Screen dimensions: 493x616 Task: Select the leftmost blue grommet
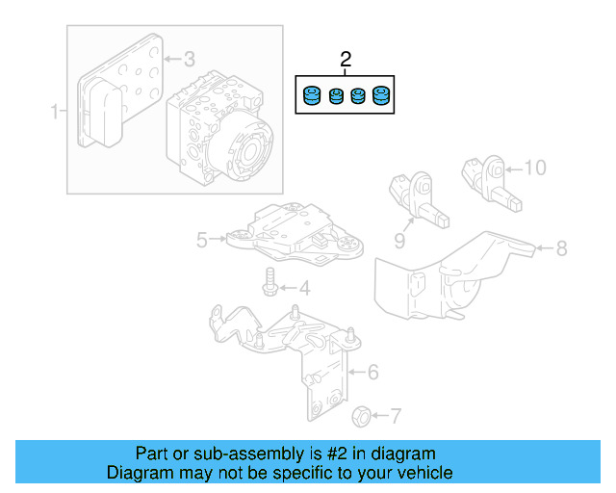311,97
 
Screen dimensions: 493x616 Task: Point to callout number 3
189,58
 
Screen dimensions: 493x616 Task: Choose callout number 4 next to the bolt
303,287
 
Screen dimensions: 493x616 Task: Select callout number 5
201,240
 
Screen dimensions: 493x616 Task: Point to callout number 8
561,247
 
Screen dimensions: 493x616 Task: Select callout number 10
534,168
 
